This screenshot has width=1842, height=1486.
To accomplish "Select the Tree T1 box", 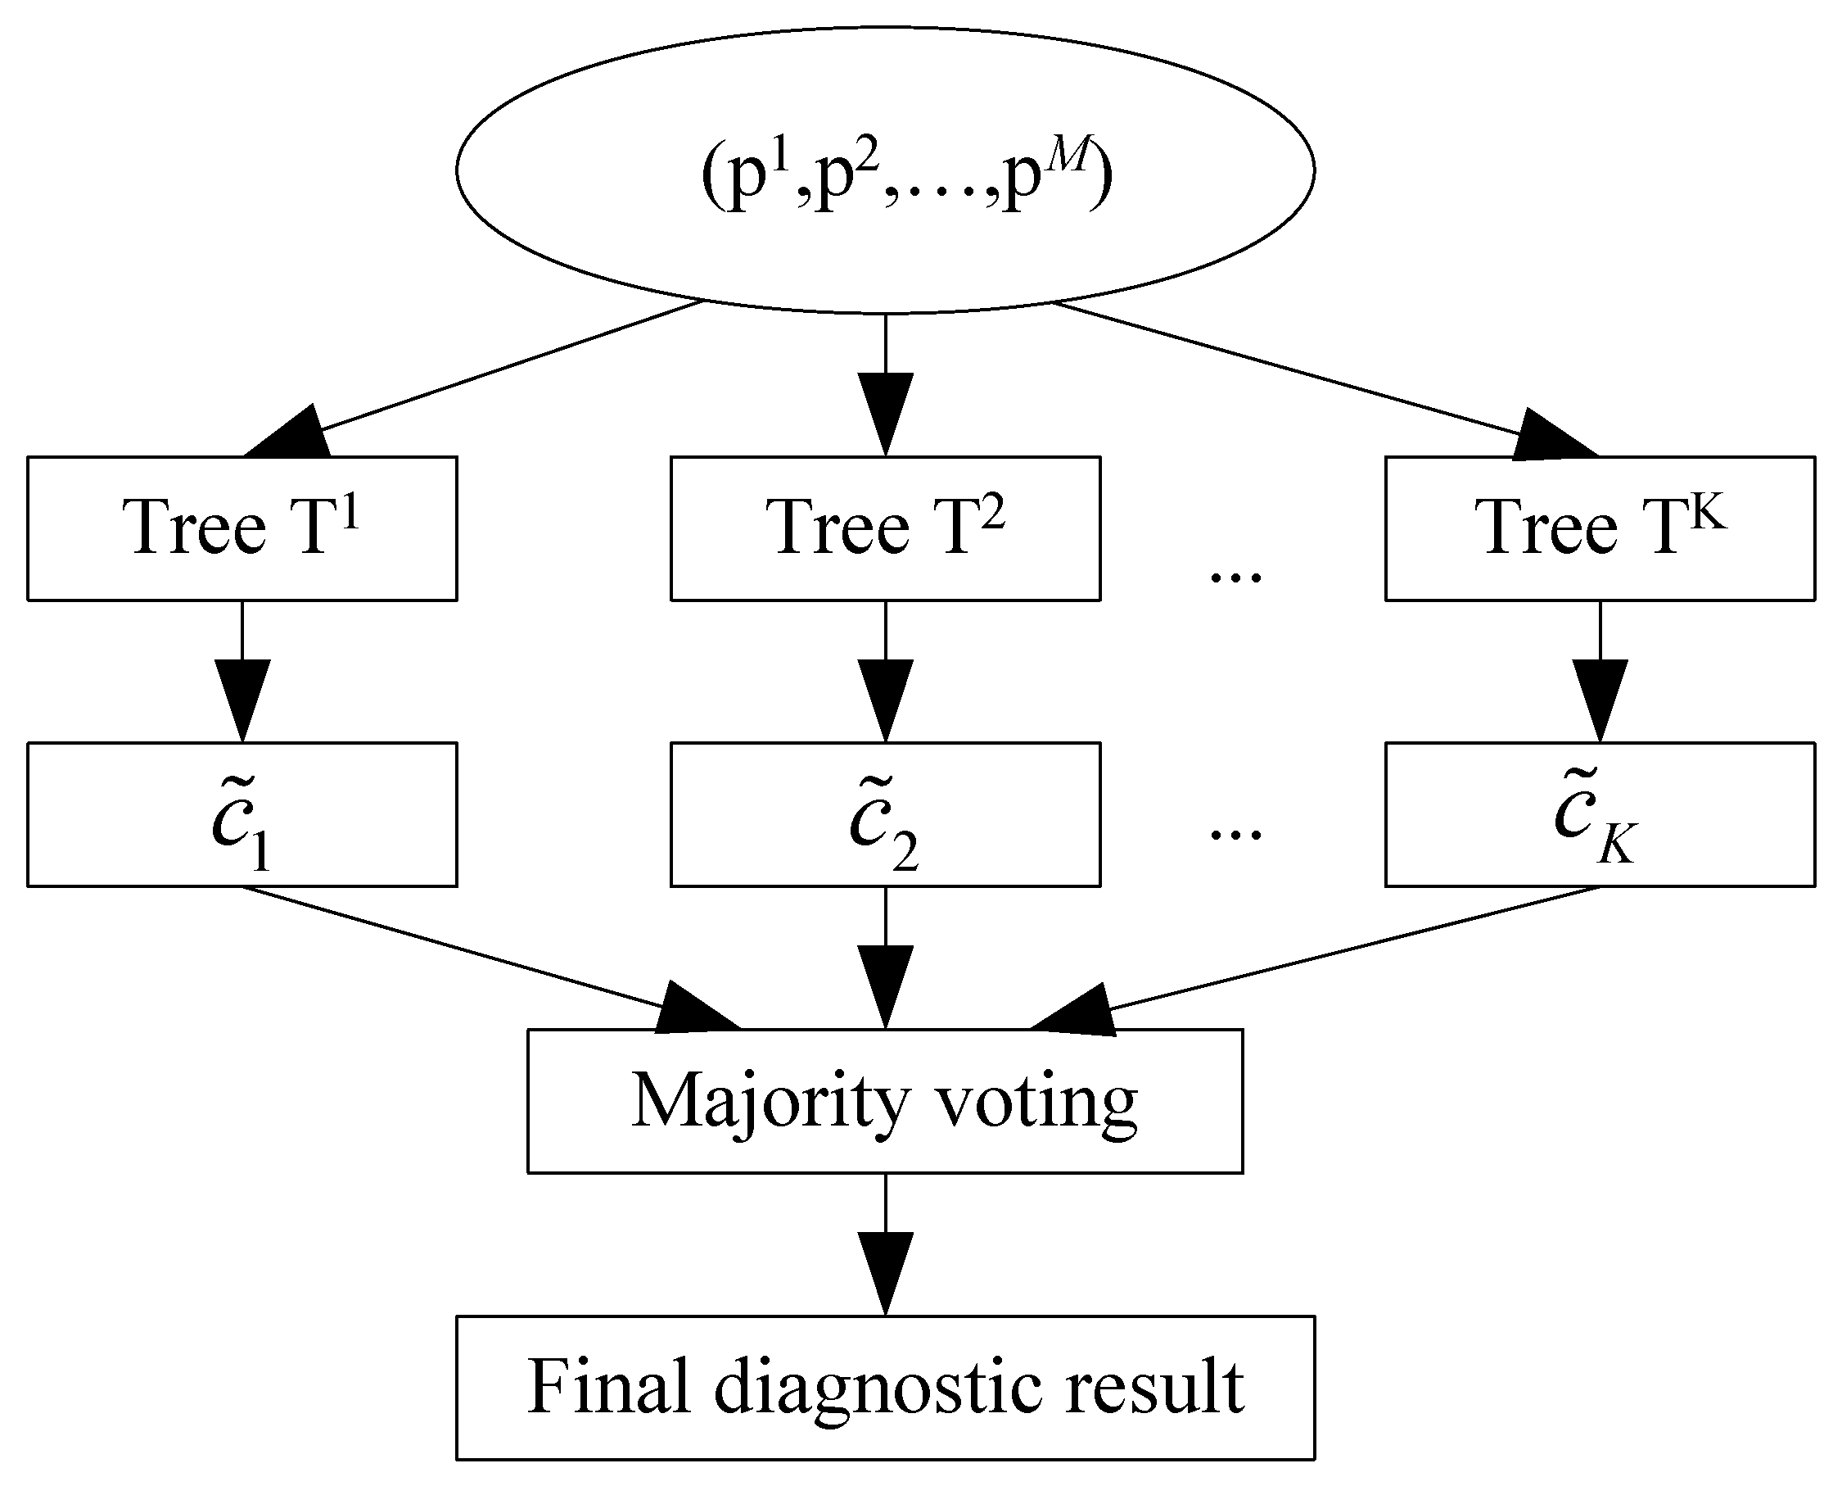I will click(x=242, y=528).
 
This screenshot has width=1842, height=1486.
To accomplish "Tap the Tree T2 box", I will click(x=885, y=528).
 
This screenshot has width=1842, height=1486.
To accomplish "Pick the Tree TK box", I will click(x=1600, y=528).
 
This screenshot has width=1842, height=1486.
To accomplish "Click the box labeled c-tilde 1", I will click(x=242, y=814).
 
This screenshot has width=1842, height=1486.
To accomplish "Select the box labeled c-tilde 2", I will click(x=885, y=814).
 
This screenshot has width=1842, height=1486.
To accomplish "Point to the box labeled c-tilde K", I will click(x=1600, y=814).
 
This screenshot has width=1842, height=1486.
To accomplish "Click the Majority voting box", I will click(x=885, y=1101).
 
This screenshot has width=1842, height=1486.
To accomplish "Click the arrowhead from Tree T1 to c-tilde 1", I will click(x=242, y=699).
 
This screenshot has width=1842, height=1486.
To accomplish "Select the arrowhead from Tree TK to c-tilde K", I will click(x=1600, y=699).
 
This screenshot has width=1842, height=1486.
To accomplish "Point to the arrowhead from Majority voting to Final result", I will click(x=886, y=1272).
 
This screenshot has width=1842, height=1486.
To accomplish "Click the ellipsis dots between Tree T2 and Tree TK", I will click(x=1235, y=576).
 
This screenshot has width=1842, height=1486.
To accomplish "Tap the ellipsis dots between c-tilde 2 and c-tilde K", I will click(x=1235, y=833).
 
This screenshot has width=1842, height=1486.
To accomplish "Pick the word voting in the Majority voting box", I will click(x=1036, y=1104).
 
